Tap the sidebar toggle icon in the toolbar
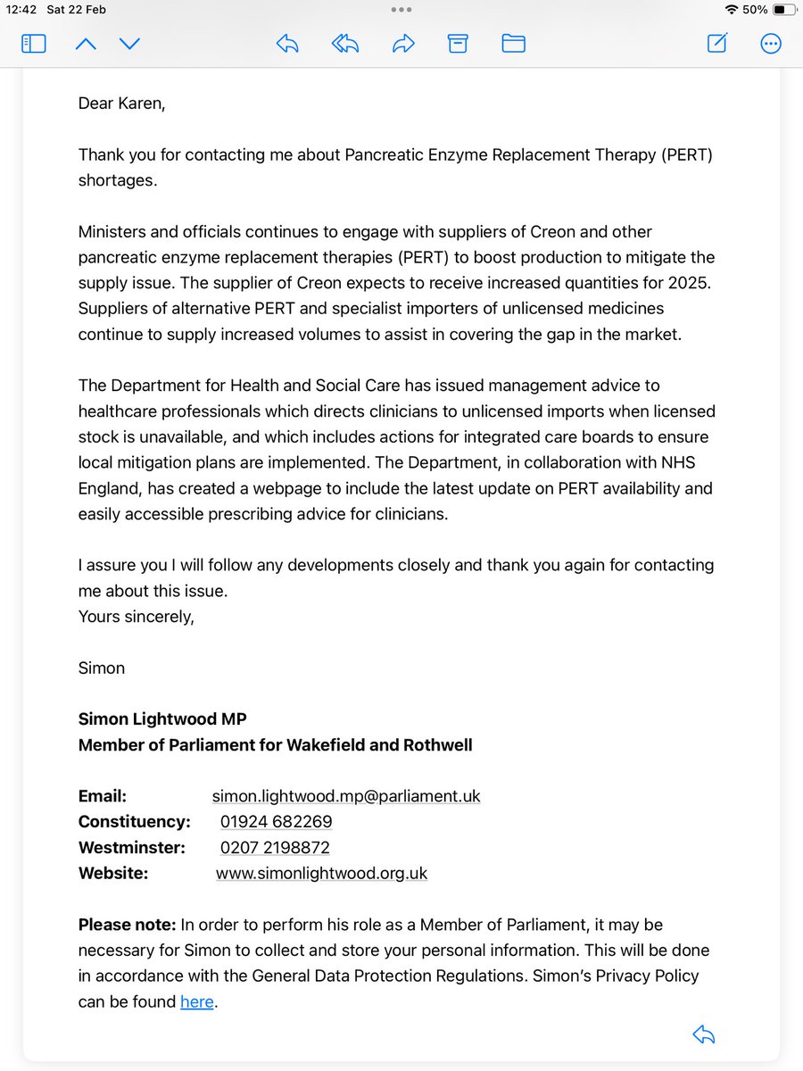(34, 43)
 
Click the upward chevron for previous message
(86, 43)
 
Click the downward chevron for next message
(130, 43)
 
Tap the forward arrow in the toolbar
(403, 43)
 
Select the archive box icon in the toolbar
(458, 43)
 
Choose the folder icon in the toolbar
(513, 43)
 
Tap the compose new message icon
(717, 43)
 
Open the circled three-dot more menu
(771, 43)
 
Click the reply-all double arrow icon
(345, 43)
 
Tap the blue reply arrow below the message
(704, 1034)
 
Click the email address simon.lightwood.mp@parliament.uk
(346, 795)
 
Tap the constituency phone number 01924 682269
(276, 821)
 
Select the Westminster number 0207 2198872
(275, 847)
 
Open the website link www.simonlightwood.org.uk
(321, 873)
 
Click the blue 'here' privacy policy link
(196, 1001)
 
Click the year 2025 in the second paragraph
(695, 283)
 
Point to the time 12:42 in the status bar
(20, 10)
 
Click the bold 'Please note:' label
(128, 925)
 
